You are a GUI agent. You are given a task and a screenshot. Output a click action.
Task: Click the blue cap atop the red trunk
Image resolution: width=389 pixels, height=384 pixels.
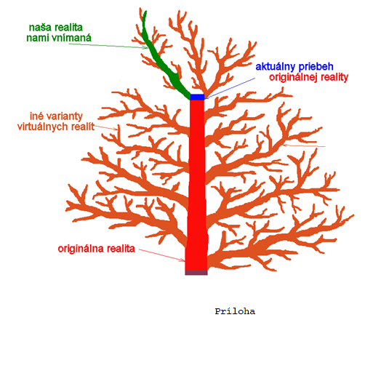(197, 97)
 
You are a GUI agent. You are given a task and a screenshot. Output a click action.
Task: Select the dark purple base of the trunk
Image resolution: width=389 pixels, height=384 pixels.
(196, 273)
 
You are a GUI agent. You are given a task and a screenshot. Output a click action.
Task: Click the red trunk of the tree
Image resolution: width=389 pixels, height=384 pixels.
(197, 185)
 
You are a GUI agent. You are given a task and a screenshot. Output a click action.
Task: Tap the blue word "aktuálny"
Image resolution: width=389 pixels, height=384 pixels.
(276, 67)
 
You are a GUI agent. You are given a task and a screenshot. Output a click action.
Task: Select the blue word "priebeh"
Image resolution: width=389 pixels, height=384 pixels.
(316, 66)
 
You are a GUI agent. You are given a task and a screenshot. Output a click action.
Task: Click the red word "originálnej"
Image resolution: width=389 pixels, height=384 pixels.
(294, 77)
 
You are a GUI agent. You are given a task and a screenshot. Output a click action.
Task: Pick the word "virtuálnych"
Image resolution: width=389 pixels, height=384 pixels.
(43, 127)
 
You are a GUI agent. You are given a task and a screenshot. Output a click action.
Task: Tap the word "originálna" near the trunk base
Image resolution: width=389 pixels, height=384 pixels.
(81, 249)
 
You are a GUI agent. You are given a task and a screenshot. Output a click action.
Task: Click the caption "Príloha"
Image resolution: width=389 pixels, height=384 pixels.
(235, 311)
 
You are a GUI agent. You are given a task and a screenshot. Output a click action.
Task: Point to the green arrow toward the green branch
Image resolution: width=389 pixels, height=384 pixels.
(108, 46)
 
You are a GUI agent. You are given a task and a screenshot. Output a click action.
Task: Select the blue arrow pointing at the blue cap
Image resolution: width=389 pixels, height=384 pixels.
(230, 89)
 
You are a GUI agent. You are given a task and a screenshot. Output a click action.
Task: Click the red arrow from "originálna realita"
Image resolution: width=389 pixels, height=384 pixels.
(161, 255)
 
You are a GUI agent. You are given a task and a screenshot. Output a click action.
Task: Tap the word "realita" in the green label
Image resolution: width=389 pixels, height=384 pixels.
(68, 28)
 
